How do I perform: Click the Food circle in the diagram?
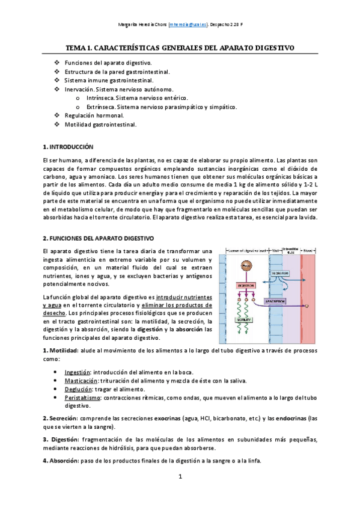246,265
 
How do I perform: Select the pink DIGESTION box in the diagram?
245,285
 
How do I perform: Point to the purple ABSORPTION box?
278,301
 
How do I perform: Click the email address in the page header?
188,25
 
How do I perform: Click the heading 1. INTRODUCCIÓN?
69,147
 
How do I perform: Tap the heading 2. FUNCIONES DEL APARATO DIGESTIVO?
99,239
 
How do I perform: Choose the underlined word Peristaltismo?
83,398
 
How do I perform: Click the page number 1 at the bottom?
179,494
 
